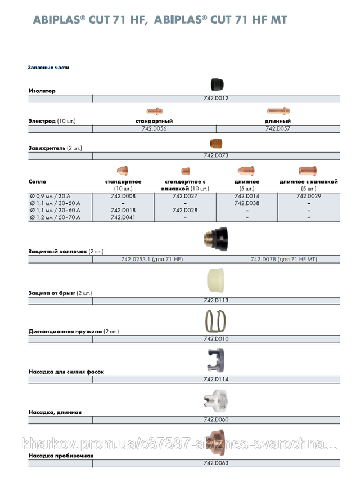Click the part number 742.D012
tap(216, 98)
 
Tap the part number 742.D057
tap(278, 128)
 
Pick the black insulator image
tap(217, 85)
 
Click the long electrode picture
tap(278, 111)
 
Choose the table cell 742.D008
tap(123, 196)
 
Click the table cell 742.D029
tap(309, 196)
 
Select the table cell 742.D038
tap(247, 203)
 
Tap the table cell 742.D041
tap(123, 217)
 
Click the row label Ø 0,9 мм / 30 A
tap(55, 196)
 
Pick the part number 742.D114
tap(216, 380)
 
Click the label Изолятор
tap(42, 91)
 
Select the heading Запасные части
tap(48, 68)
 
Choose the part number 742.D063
tap(216, 463)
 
